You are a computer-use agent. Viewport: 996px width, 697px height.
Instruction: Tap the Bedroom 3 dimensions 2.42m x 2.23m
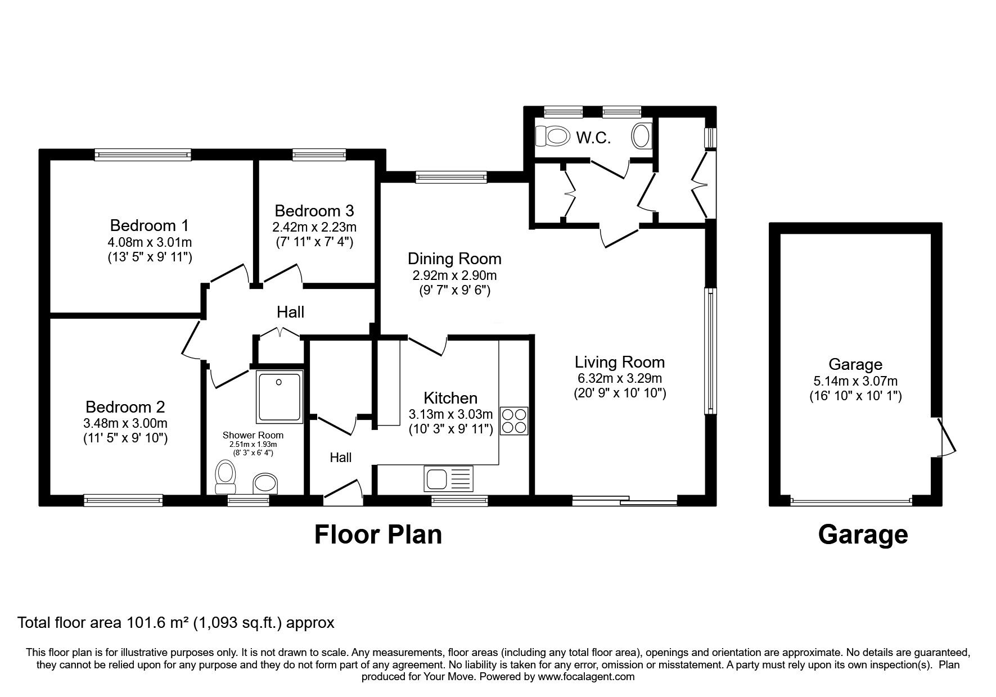coord(314,227)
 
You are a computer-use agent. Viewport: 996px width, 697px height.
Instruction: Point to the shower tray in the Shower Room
coord(280,396)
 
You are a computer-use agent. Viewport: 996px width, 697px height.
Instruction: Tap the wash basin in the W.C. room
coord(641,135)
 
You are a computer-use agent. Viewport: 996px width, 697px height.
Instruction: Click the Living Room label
coord(620,362)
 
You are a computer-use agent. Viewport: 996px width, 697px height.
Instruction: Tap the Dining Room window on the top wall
coord(451,178)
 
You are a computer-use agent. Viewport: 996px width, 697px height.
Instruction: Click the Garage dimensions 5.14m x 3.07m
coord(855,381)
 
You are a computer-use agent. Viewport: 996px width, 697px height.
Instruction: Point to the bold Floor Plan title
coord(378,535)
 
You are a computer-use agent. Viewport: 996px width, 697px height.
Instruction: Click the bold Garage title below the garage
coord(863,535)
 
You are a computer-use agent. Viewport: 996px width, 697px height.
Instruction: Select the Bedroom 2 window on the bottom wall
coord(123,499)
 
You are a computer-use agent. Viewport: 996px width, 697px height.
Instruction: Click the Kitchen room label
coord(450,399)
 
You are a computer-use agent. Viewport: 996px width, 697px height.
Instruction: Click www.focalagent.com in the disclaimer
coord(586,677)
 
